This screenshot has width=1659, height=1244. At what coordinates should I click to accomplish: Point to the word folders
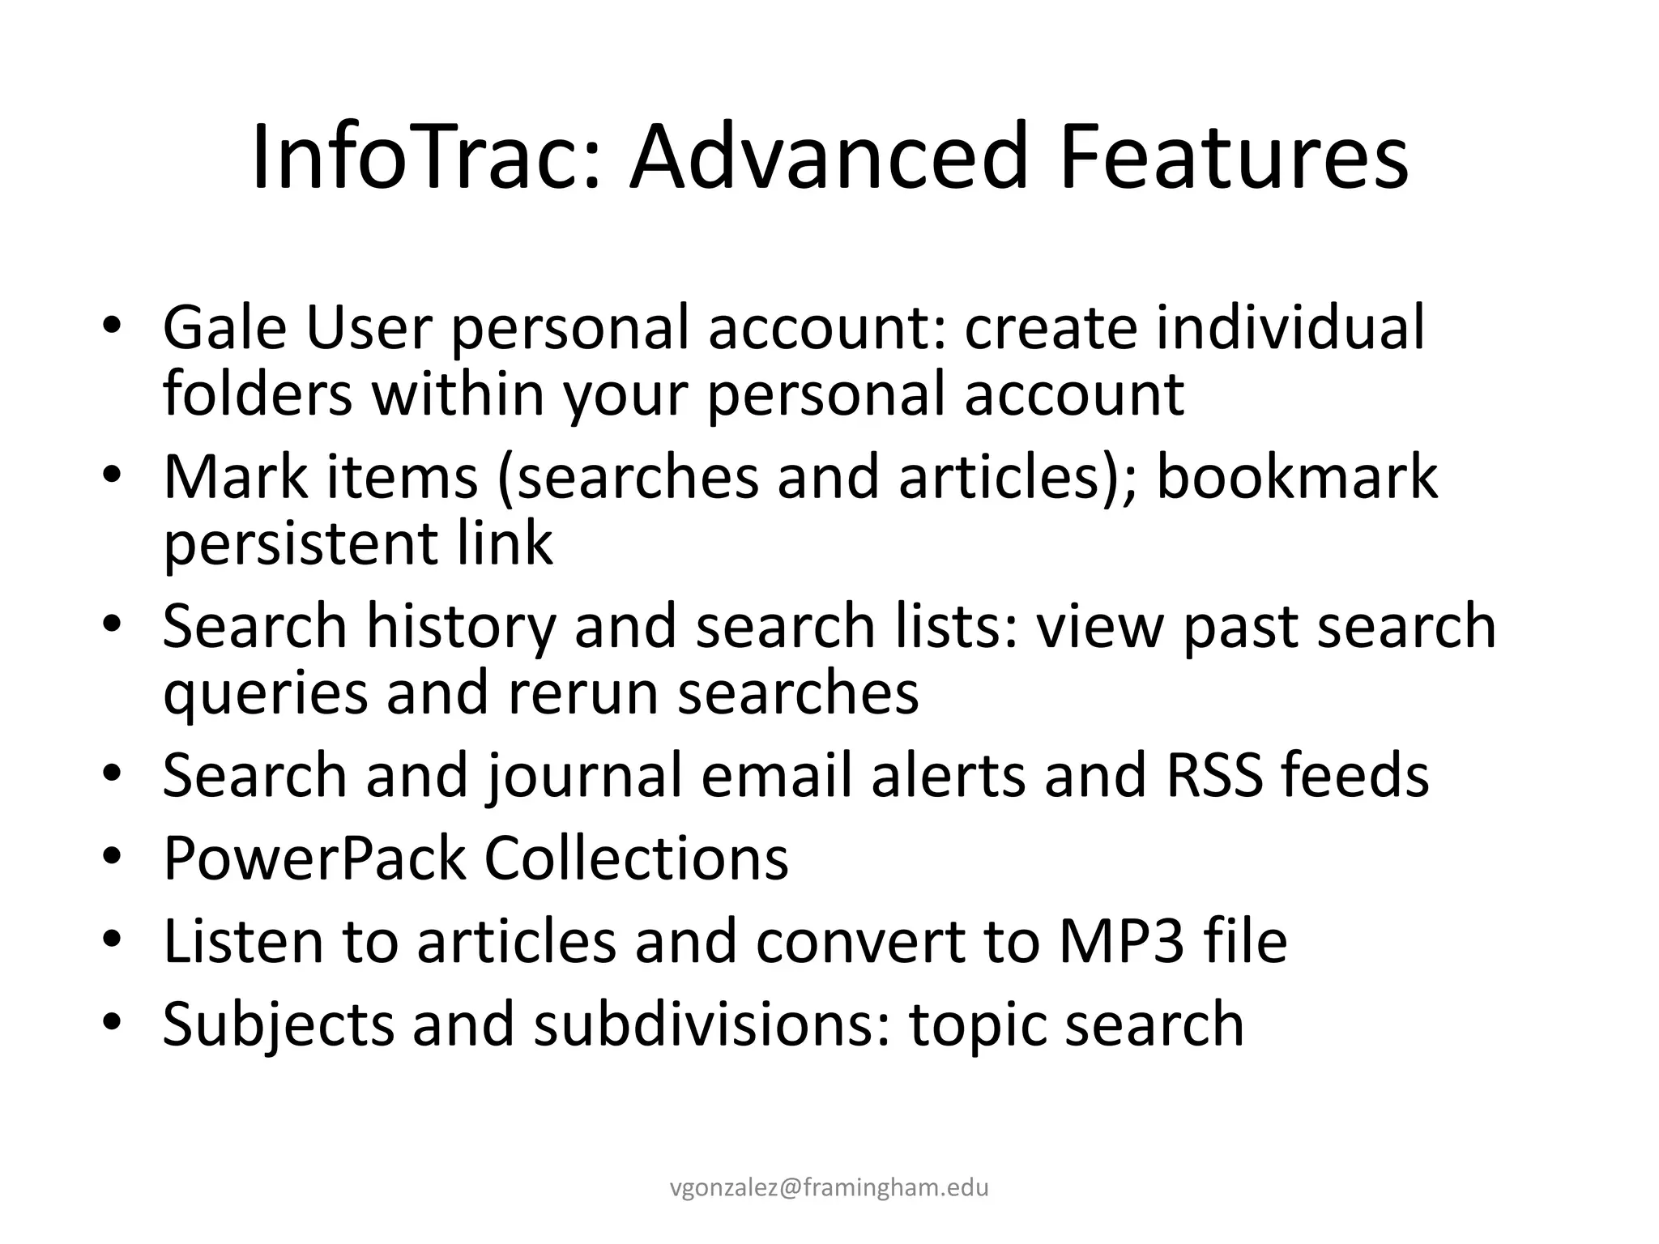(x=258, y=394)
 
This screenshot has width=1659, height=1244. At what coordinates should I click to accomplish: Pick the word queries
(x=265, y=693)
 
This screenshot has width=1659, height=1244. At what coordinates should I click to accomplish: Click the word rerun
(x=582, y=693)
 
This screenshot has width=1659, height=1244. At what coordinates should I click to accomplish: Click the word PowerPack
(x=314, y=858)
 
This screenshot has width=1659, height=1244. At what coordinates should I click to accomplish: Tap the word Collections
(x=636, y=858)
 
